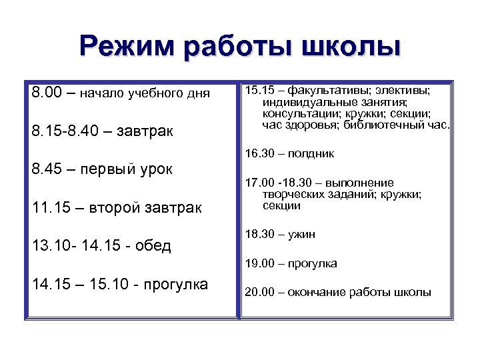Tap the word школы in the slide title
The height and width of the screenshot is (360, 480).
tap(353, 47)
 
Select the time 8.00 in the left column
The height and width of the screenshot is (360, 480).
tap(47, 92)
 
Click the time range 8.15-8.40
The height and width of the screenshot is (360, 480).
tap(65, 131)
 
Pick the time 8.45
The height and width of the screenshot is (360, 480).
tap(47, 168)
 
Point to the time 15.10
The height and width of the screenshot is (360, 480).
tap(109, 285)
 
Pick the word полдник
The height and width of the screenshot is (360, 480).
tap(311, 154)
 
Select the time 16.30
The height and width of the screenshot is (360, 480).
tap(261, 154)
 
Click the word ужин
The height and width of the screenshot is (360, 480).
tap(301, 235)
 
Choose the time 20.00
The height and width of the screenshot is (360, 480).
tap(261, 292)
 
